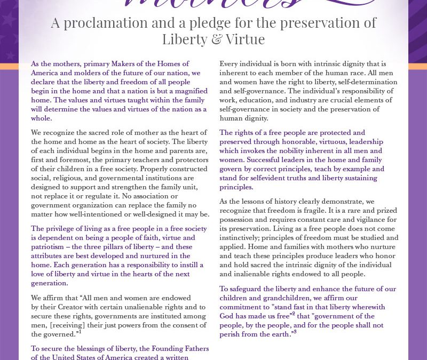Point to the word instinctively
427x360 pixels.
244,237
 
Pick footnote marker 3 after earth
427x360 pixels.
295,332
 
